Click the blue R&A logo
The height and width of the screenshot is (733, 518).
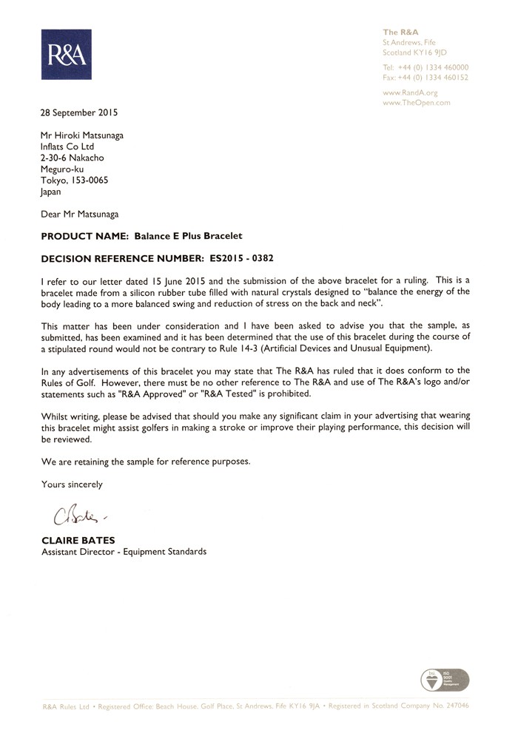(x=66, y=55)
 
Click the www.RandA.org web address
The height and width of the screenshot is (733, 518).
(x=410, y=93)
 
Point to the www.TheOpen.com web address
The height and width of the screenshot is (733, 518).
(x=416, y=103)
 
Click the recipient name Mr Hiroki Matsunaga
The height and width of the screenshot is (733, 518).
(x=83, y=136)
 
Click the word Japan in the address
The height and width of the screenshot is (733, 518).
(x=51, y=191)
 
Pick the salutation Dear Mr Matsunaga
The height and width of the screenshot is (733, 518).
(x=79, y=214)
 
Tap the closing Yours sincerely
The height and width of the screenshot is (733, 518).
(x=72, y=484)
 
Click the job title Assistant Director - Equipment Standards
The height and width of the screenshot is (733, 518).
(x=123, y=552)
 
